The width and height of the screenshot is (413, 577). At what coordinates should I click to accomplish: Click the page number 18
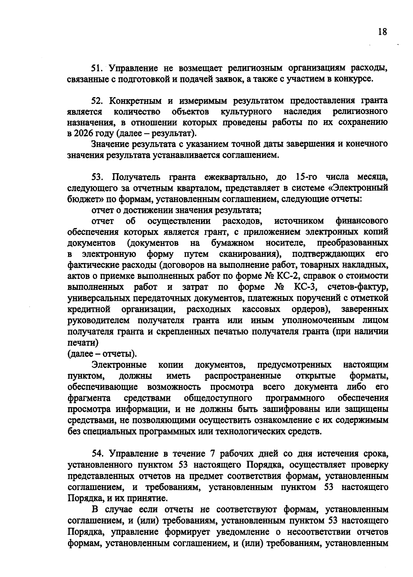click(382, 32)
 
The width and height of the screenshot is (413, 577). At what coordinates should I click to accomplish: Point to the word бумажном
click(233, 243)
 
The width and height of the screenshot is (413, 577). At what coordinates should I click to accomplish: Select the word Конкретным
click(136, 101)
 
